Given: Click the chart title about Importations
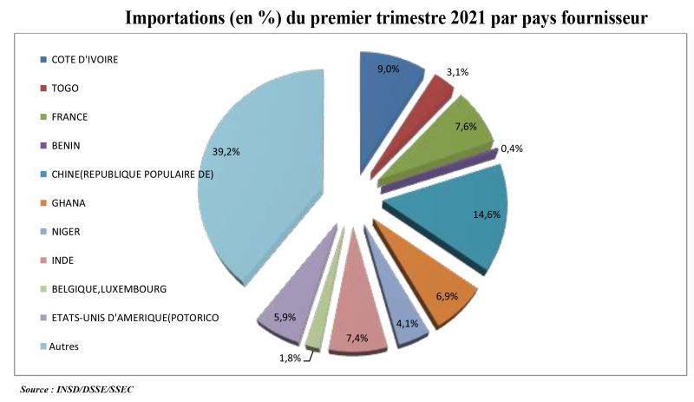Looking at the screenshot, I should (386, 18).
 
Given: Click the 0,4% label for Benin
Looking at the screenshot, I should (513, 148).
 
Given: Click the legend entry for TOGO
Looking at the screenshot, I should (63, 88).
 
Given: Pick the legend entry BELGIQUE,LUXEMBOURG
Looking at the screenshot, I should (108, 289).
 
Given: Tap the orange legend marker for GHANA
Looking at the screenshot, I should (43, 203).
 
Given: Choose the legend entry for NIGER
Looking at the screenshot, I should (65, 232).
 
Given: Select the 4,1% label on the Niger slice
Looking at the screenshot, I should (407, 325).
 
